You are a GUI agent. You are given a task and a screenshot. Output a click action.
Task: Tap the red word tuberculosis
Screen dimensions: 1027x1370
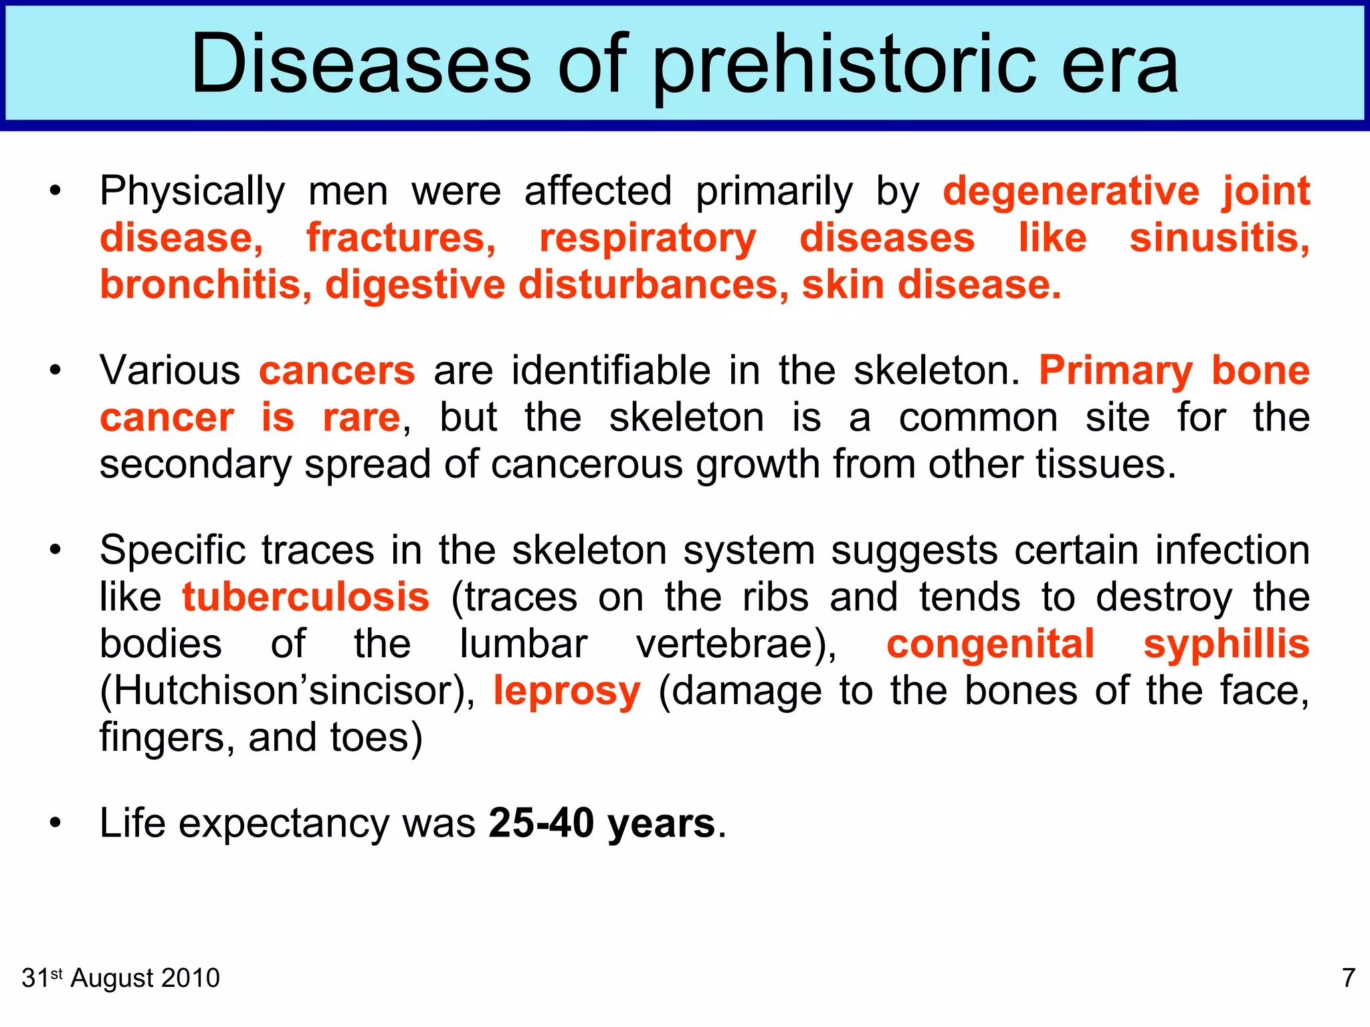(306, 597)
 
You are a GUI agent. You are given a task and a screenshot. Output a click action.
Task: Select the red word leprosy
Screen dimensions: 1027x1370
(567, 691)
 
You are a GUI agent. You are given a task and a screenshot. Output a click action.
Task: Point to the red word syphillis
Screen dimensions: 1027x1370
(1226, 644)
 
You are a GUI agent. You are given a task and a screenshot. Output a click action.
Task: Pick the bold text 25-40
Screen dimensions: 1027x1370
(541, 823)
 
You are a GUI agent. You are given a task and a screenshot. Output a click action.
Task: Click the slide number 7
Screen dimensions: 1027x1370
(1349, 978)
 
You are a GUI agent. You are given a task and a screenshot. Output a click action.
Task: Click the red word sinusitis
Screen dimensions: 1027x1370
(1219, 238)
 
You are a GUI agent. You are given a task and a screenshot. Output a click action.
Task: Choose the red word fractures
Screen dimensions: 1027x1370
(401, 238)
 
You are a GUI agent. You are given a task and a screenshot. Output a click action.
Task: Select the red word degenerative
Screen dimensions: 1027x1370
(1071, 191)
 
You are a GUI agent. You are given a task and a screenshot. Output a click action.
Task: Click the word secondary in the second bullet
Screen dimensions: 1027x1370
(195, 465)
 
